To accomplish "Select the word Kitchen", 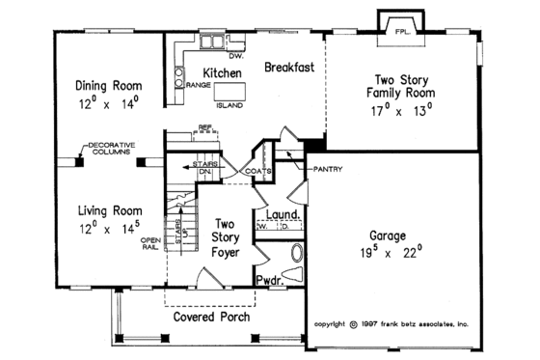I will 221,72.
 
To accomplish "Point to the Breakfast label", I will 289,68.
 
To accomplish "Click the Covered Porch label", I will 211,317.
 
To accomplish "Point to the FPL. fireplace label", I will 401,32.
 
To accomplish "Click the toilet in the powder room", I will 295,256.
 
